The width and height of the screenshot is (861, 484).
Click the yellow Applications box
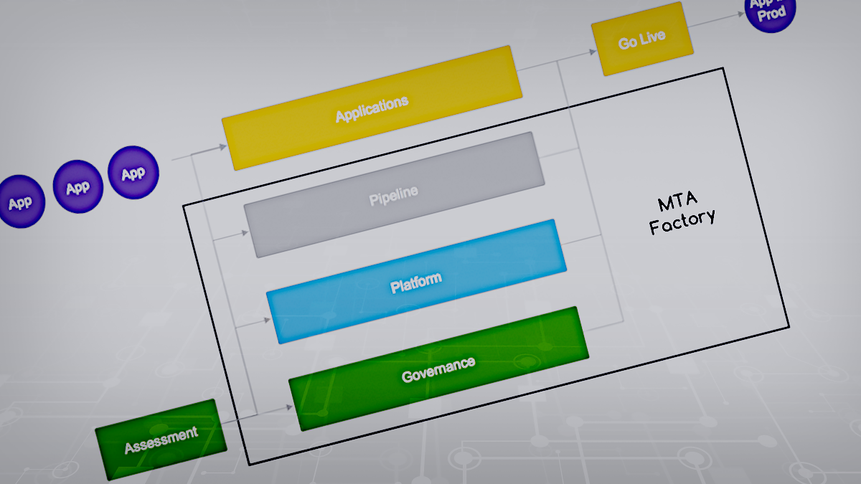(372, 108)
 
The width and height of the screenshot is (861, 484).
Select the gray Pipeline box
(393, 194)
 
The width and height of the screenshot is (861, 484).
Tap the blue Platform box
(416, 282)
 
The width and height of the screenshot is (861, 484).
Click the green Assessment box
(161, 440)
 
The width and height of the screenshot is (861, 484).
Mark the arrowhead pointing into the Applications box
(222, 148)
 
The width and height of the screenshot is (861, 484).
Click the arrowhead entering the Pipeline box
(245, 232)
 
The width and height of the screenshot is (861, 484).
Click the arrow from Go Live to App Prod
(717, 21)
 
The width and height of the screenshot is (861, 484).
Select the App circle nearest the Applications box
(133, 173)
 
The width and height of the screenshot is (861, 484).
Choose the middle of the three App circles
(77, 187)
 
